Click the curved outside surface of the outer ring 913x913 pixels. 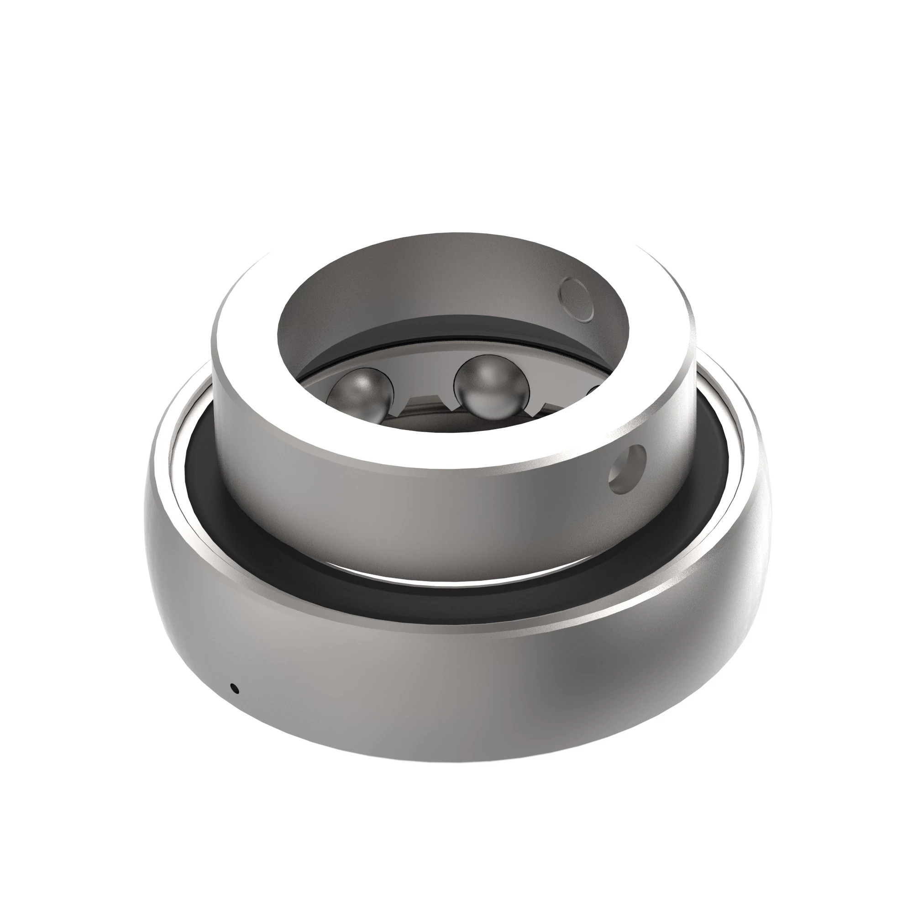point(425,699)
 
